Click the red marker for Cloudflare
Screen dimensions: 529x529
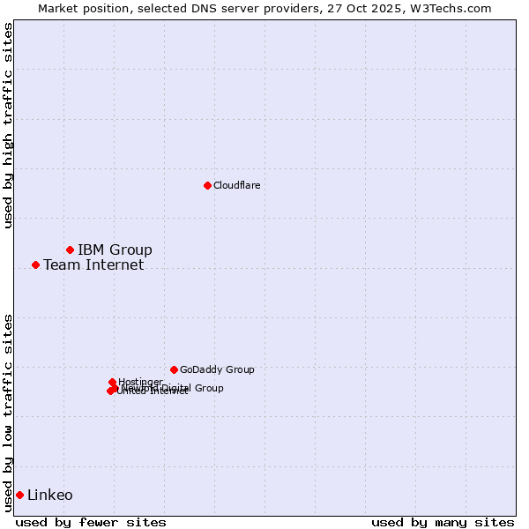[207, 185]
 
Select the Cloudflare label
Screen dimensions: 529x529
[236, 185]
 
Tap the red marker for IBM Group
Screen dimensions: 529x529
[70, 250]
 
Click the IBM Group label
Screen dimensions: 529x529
[115, 250]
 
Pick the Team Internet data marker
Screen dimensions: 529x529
[35, 264]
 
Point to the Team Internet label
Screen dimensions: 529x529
[93, 264]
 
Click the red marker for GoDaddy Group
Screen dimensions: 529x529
[174, 369]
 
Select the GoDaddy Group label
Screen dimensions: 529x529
[217, 369]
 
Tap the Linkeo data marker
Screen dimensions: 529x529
[19, 495]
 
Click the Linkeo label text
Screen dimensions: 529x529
[50, 495]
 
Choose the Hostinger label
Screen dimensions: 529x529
[140, 382]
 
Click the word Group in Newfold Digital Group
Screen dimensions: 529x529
[209, 388]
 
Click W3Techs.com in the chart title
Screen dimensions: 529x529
[448, 8]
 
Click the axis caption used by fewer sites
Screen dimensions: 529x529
[91, 522]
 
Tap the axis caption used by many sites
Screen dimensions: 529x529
[443, 522]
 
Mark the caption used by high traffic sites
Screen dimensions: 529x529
[8, 125]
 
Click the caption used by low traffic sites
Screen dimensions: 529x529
[8, 413]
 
